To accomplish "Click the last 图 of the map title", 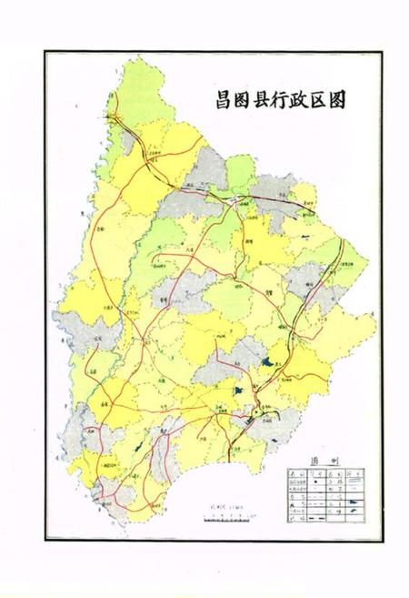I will pyautogui.click(x=335, y=96).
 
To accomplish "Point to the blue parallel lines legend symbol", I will pyautogui.click(x=360, y=488).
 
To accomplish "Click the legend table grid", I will pyautogui.click(x=328, y=497).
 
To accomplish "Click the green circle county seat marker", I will pyautogui.click(x=257, y=412).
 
